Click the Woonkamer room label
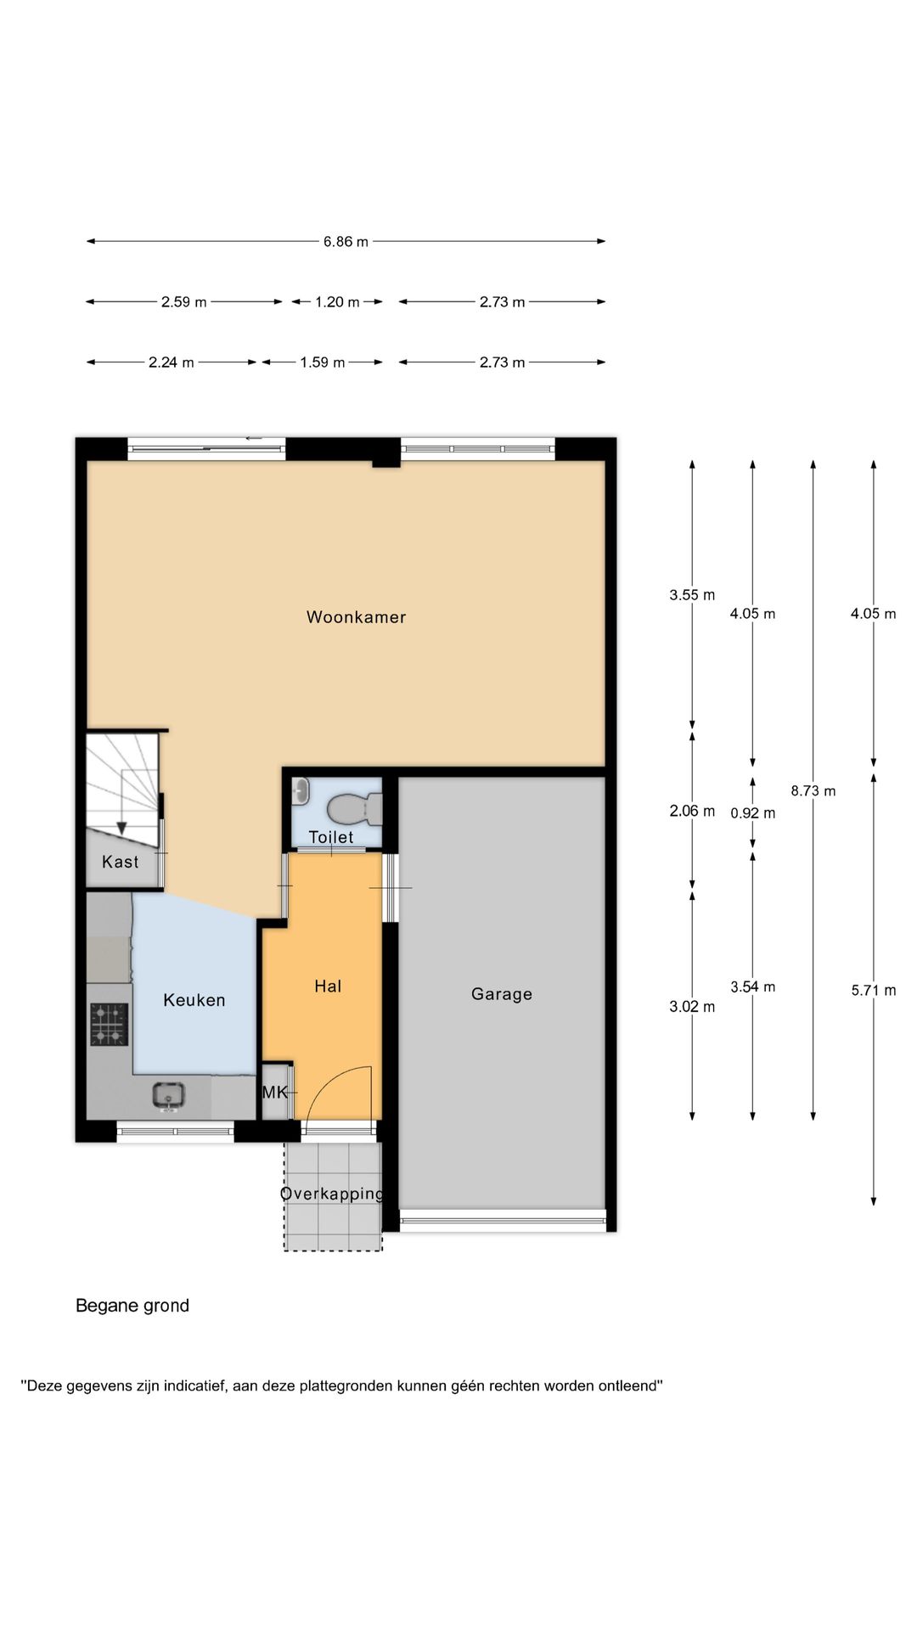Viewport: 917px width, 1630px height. click(x=356, y=617)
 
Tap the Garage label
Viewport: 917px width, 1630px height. click(x=502, y=994)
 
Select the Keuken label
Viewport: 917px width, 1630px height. click(x=194, y=1000)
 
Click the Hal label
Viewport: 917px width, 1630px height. click(x=328, y=986)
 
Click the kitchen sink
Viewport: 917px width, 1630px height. click(x=168, y=1095)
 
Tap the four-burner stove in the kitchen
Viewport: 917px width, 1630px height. click(x=110, y=1024)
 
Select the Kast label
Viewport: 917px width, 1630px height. click(x=120, y=862)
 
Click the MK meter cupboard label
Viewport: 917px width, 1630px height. click(x=274, y=1093)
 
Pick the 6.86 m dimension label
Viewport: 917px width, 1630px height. click(x=346, y=241)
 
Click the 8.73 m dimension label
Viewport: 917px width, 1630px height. click(x=813, y=791)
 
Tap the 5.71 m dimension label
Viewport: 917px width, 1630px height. click(x=874, y=990)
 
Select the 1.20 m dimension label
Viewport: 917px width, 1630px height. click(x=337, y=301)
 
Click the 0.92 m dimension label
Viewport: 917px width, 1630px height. click(x=753, y=812)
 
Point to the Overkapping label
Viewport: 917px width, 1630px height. click(x=332, y=1194)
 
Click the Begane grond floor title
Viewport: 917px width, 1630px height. click(x=132, y=1306)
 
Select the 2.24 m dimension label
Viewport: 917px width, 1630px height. click(x=172, y=363)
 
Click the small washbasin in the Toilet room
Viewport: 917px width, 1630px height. click(x=300, y=792)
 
